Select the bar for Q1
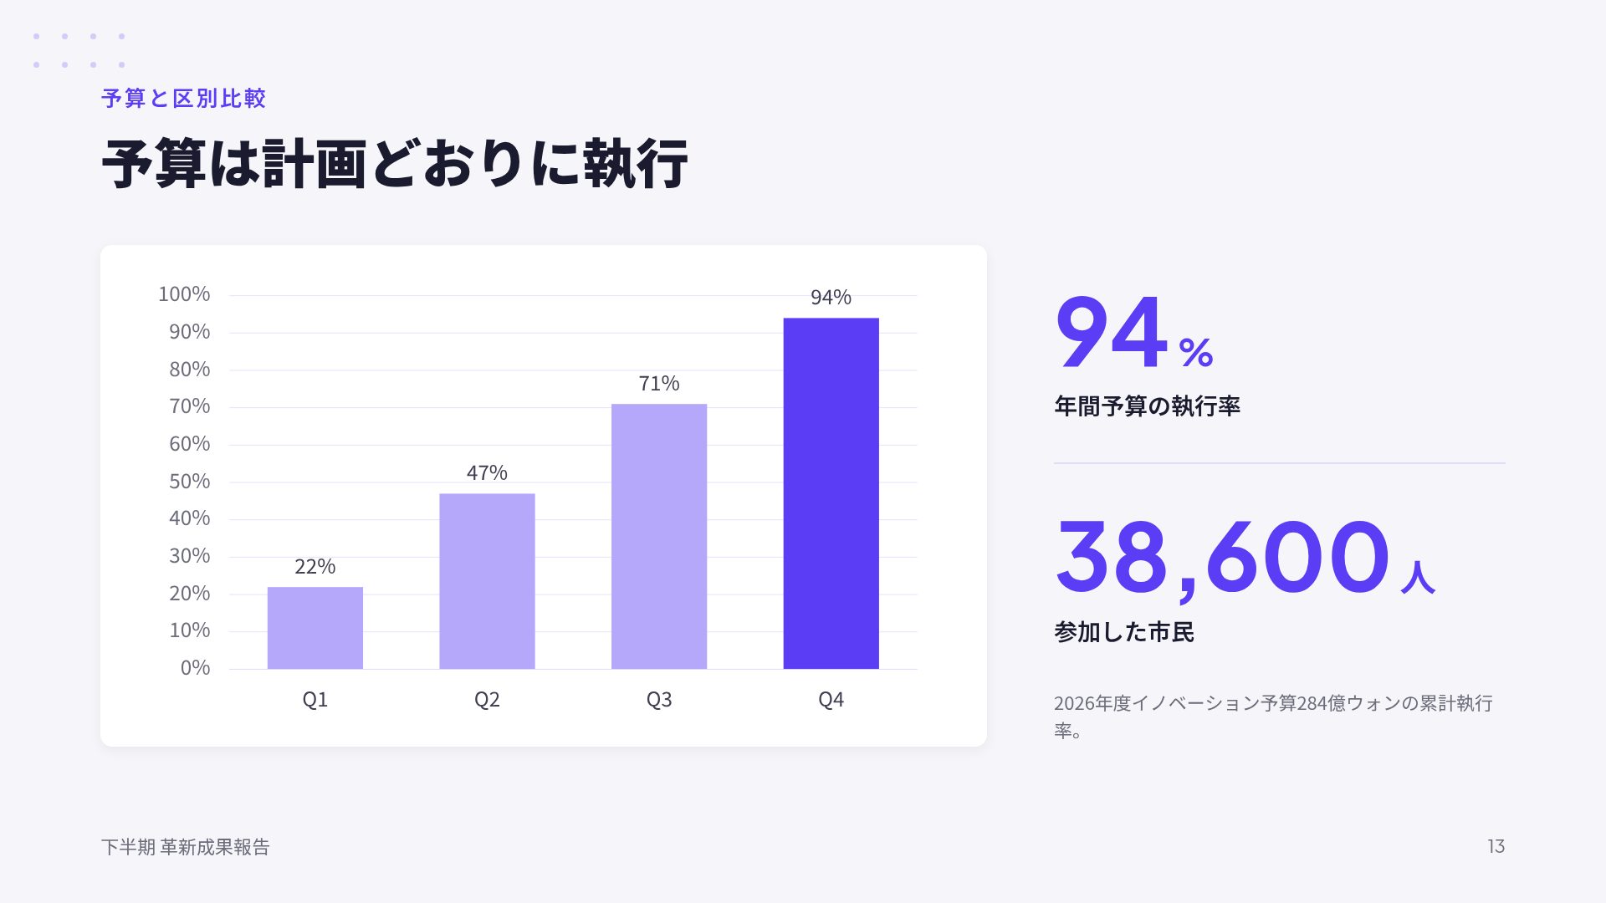coord(315,628)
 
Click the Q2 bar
coord(487,581)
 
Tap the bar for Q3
coord(659,536)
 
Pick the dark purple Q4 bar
coord(831,493)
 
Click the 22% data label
coord(315,567)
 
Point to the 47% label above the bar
coord(487,473)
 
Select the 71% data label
coord(659,384)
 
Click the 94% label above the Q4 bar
coord(831,298)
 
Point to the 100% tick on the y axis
coord(184,294)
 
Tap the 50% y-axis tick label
coord(190,482)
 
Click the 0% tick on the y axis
coord(195,668)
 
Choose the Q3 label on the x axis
coord(659,700)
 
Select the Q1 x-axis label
coord(315,700)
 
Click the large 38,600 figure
coord(1222,557)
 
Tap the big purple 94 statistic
coord(1112,332)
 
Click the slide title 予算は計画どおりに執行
coord(395,164)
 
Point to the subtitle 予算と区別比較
coord(184,99)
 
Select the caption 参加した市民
coord(1124,632)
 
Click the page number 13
coord(1496,846)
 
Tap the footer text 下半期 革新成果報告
coord(186,847)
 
